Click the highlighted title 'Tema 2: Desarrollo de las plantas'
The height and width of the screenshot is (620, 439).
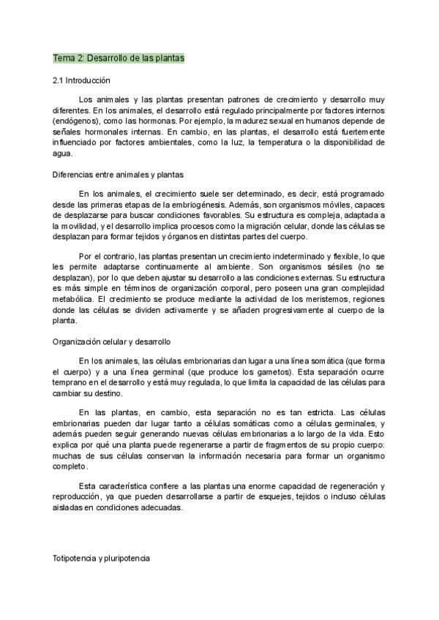click(x=119, y=57)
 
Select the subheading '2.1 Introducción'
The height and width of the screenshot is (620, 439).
click(x=81, y=80)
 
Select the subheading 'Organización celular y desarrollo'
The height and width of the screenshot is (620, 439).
click(x=112, y=341)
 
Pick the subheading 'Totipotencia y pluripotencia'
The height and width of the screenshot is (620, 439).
click(x=101, y=558)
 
